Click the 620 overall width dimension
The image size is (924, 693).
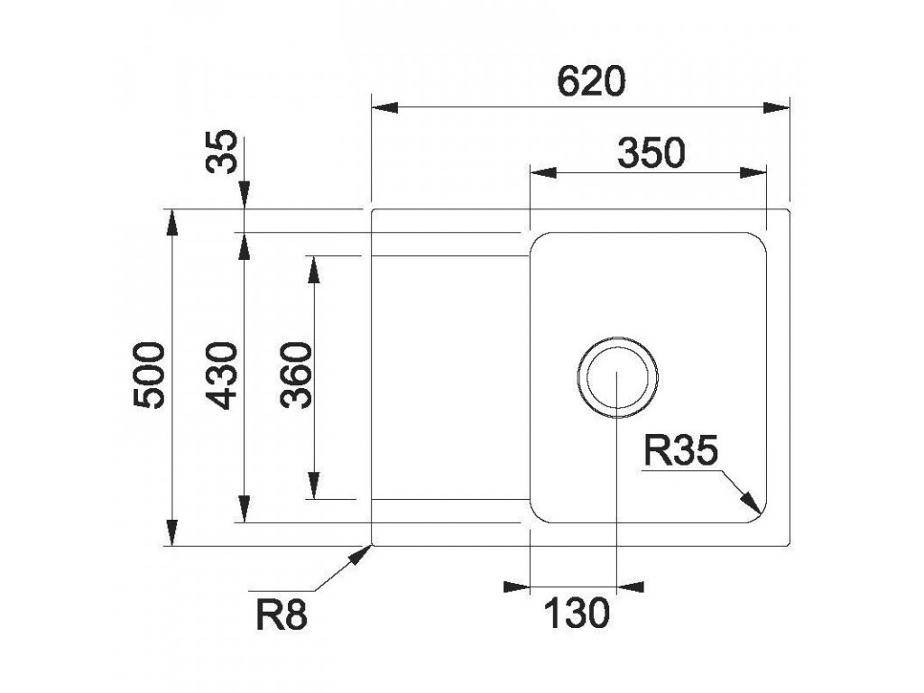click(591, 83)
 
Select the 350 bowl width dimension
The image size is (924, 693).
click(651, 154)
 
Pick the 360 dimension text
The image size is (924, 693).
click(296, 375)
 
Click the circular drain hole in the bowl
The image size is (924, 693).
click(616, 379)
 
